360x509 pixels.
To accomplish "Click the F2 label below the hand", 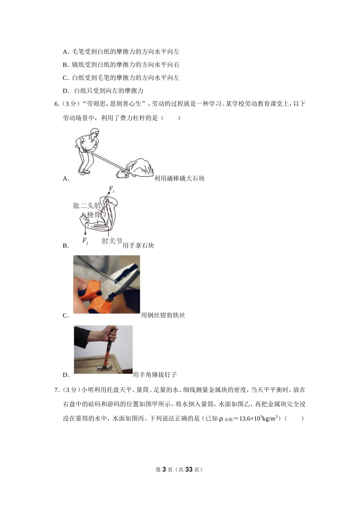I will (x=85, y=240).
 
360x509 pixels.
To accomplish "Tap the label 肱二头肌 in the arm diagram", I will (x=87, y=206).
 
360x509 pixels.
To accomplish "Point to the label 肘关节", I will (x=112, y=241).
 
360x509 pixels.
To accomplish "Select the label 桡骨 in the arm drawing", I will (x=94, y=215).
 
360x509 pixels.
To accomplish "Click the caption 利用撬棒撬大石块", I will (x=179, y=178).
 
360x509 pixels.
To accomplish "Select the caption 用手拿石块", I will (x=138, y=245).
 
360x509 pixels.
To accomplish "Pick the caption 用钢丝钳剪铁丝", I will (x=163, y=315).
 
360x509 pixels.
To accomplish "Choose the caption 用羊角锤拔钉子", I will (x=155, y=375).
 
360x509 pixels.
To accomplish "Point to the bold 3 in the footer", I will (x=164, y=470).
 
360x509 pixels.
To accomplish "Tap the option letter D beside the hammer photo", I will (x=66, y=375).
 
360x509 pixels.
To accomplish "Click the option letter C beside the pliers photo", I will (x=66, y=315).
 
